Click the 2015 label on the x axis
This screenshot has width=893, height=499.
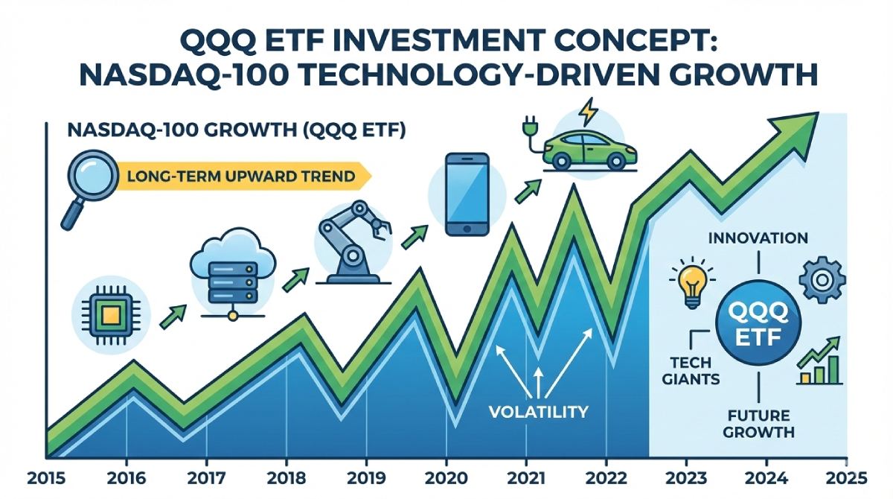pyautogui.click(x=31, y=477)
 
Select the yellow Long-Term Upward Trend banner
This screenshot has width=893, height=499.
pyautogui.click(x=238, y=177)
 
